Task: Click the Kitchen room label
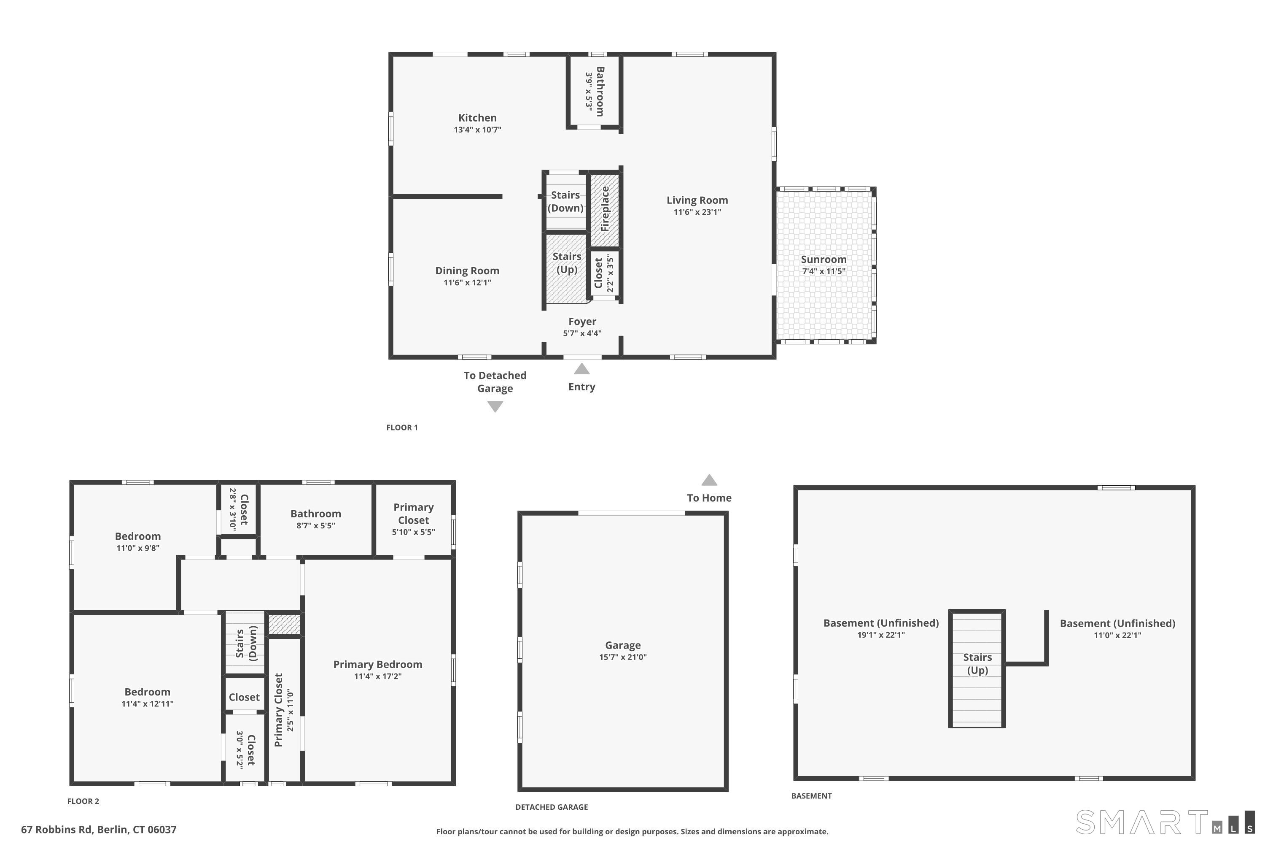(477, 118)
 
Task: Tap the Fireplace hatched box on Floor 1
(605, 209)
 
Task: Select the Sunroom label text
(824, 260)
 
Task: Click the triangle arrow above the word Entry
(581, 369)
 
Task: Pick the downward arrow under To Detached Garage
(495, 406)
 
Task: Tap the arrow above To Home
(709, 479)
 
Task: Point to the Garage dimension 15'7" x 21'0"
(623, 657)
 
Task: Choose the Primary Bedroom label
(377, 665)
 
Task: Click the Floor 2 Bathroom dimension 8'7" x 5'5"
(316, 526)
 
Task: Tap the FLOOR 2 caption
(83, 801)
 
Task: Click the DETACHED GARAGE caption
(551, 807)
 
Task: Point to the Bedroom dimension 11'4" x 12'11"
(147, 704)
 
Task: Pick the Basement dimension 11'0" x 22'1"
(1117, 636)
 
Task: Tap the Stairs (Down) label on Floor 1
(565, 201)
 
